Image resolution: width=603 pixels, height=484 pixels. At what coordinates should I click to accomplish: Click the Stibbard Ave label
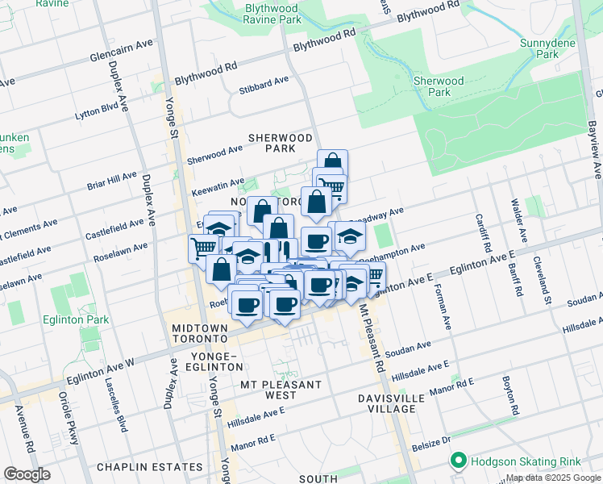pyautogui.click(x=264, y=82)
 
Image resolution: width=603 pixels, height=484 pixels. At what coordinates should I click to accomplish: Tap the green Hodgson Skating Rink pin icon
pyautogui.click(x=459, y=461)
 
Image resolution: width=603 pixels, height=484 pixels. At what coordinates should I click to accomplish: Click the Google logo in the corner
pyautogui.click(x=27, y=474)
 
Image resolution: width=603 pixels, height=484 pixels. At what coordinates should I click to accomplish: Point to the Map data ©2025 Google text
pyautogui.click(x=552, y=478)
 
